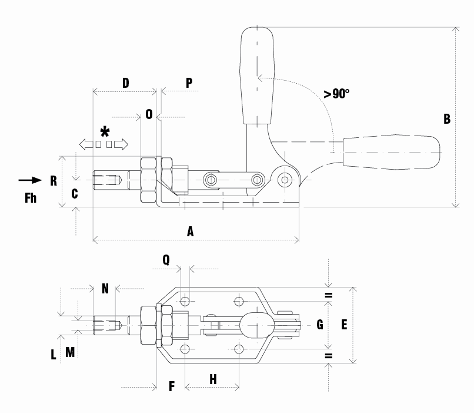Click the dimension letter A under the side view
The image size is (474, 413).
tap(190, 232)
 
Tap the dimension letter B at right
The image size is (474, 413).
tap(447, 118)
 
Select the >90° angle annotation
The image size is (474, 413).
tap(336, 94)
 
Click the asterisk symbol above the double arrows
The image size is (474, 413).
tap(105, 132)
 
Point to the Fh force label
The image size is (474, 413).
tap(31, 198)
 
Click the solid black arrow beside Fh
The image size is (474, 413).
tap(30, 180)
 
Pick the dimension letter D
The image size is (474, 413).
tap(125, 82)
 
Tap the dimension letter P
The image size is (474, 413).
tap(189, 82)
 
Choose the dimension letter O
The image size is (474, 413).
tap(149, 114)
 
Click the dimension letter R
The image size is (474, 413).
tap(54, 180)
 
